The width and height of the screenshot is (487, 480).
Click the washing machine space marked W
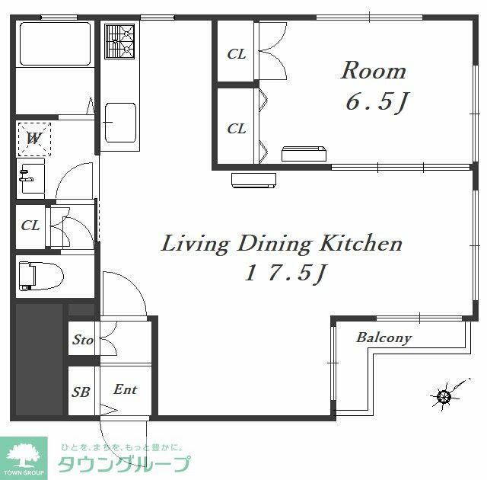[x=34, y=139]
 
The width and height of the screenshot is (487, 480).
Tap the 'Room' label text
[x=373, y=71]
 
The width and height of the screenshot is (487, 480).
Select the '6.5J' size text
[x=373, y=103]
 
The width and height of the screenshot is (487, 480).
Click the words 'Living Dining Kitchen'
[x=282, y=244]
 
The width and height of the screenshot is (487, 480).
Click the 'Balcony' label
[x=384, y=338]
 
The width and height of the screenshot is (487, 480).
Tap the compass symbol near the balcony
[x=444, y=395]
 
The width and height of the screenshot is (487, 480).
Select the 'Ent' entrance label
[x=125, y=389]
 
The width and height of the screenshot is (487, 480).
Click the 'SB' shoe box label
[x=81, y=392]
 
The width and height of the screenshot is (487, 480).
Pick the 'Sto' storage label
[x=83, y=340]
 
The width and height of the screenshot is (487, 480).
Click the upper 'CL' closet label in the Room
[x=237, y=54]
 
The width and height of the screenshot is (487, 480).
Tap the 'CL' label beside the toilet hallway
[x=30, y=226]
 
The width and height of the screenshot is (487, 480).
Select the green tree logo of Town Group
[x=23, y=455]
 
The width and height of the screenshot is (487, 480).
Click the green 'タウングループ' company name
[x=124, y=463]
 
